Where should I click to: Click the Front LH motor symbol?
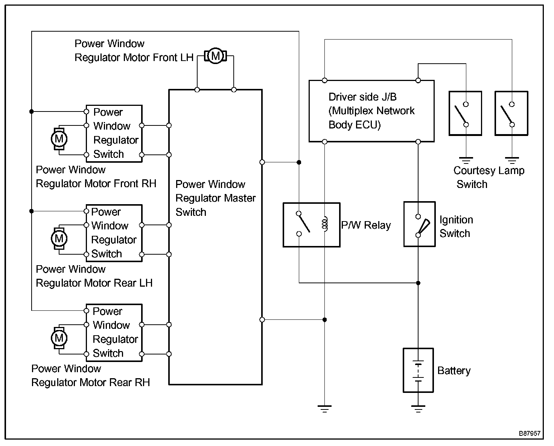[215, 57]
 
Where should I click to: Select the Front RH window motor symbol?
[59, 139]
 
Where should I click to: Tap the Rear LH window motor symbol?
[59, 238]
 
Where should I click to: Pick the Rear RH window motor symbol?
[59, 338]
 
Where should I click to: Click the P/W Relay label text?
[366, 225]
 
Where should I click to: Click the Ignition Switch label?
[455, 226]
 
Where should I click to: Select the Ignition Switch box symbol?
[419, 224]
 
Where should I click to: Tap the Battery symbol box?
[418, 370]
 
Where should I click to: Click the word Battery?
[454, 371]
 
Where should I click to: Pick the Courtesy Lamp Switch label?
[489, 177]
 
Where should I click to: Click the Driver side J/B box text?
[371, 111]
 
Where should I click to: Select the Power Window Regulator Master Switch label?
[215, 198]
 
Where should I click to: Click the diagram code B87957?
[530, 434]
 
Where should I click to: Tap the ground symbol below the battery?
[418, 408]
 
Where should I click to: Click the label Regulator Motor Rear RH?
[90, 382]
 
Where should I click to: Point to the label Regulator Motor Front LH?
[134, 58]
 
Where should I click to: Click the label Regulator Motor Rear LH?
[94, 283]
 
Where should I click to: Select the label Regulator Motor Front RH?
[96, 183]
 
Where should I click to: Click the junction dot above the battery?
[418, 283]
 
